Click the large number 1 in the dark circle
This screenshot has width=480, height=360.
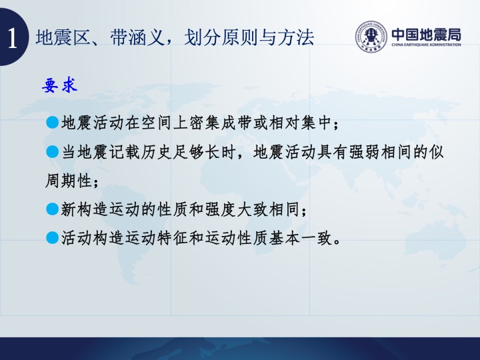pos(12,38)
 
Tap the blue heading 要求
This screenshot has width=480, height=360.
pos(60,85)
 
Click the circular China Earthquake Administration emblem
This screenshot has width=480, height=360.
pos(371,37)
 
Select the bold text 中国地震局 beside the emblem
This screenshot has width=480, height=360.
pos(427,35)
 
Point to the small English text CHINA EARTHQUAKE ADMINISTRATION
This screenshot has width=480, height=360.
pos(426,45)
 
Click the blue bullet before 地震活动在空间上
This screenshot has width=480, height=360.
pos(53,123)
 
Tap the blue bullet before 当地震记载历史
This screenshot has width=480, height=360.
pos(53,151)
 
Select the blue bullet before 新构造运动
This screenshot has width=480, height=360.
pos(53,209)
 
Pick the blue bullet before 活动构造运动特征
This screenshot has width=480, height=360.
pos(53,237)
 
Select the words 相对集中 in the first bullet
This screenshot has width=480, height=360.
pos(300,123)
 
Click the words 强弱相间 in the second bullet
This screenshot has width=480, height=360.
pos(380,152)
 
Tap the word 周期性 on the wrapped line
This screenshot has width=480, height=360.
pos(69,180)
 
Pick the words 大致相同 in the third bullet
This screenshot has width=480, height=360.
pos(268,209)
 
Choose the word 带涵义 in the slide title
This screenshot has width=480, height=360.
pos(137,37)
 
